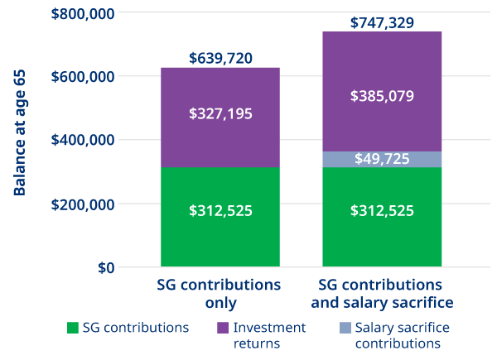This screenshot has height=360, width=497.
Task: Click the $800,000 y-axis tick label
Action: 81,13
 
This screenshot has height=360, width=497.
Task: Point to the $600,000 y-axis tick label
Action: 81,77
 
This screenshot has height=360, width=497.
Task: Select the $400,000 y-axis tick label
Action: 81,141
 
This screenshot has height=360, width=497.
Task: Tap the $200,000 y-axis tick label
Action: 81,204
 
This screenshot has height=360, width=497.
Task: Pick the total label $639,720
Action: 220,58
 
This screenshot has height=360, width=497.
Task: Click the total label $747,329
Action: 382,22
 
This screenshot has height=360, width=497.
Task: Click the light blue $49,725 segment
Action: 382,159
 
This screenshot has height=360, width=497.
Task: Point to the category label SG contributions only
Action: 220,293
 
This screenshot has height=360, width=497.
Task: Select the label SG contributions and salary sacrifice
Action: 382,293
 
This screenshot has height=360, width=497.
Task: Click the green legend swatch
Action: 72,328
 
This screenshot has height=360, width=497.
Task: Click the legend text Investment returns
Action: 269,335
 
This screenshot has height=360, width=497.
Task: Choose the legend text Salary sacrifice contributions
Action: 402,335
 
